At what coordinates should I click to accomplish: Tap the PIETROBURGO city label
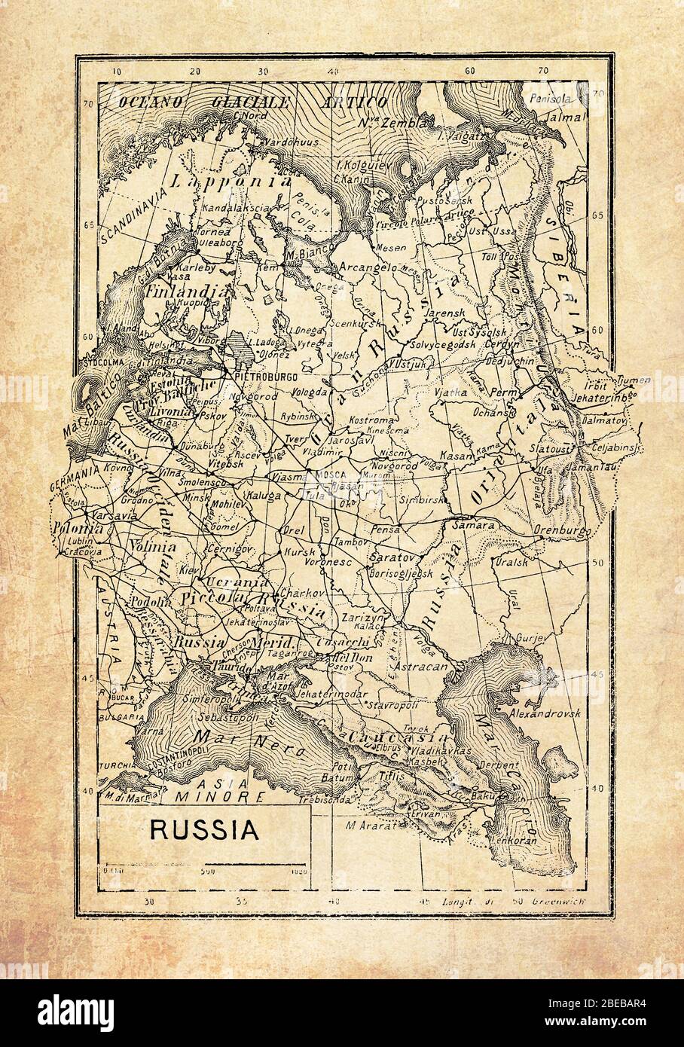click(x=266, y=374)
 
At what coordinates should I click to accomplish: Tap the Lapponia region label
click(x=231, y=181)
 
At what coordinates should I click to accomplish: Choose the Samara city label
click(x=473, y=525)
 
